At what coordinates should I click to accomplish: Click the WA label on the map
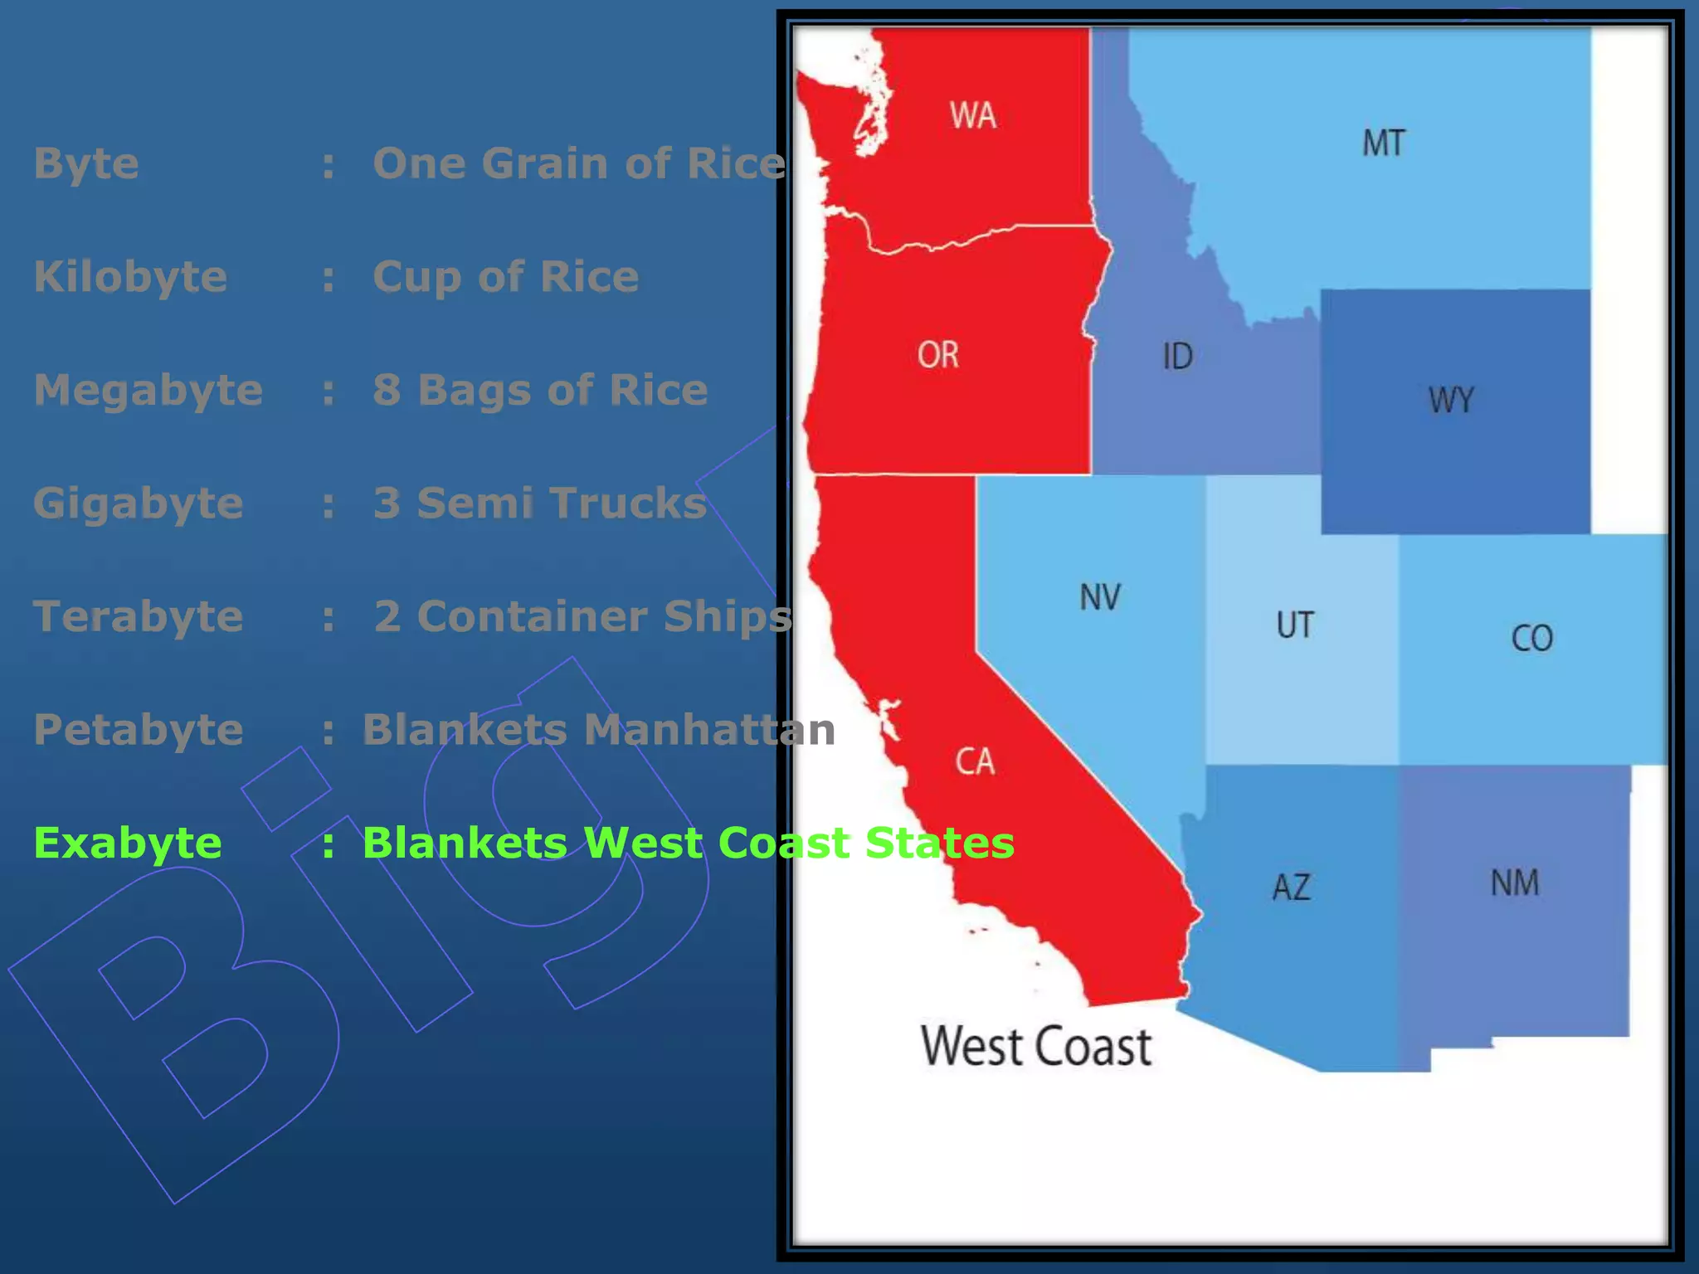[972, 115]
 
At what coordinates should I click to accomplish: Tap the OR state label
[938, 355]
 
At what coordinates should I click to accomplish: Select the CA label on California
[975, 761]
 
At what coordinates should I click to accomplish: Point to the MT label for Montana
[1384, 143]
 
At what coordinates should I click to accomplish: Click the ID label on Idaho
[1177, 357]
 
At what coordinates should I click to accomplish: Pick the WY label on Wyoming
[1451, 400]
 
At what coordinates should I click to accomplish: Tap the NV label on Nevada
[1100, 597]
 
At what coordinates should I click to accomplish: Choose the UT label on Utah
[1295, 625]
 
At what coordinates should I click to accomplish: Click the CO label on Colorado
[1531, 639]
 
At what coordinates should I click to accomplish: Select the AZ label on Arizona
[1292, 887]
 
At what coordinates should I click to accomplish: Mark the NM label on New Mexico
[1515, 883]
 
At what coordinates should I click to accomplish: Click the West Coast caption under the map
[1036, 1047]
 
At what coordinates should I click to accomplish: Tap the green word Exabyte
[128, 844]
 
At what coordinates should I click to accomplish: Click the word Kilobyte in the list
[130, 276]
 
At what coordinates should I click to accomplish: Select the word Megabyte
[148, 390]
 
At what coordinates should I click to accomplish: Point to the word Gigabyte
[139, 503]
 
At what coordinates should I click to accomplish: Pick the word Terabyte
[139, 616]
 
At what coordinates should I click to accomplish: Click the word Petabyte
[139, 730]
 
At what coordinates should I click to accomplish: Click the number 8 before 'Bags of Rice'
[387, 390]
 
